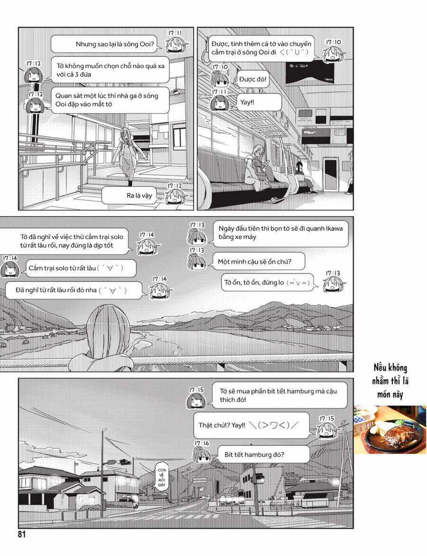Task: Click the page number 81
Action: (x=21, y=535)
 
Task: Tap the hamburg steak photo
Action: (x=390, y=430)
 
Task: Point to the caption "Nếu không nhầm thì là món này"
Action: (x=390, y=381)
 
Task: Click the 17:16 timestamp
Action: (x=201, y=443)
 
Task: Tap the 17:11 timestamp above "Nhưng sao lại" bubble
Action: (x=175, y=33)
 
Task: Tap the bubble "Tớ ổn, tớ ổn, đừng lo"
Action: (x=268, y=283)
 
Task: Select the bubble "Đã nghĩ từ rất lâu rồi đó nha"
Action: (x=74, y=290)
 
